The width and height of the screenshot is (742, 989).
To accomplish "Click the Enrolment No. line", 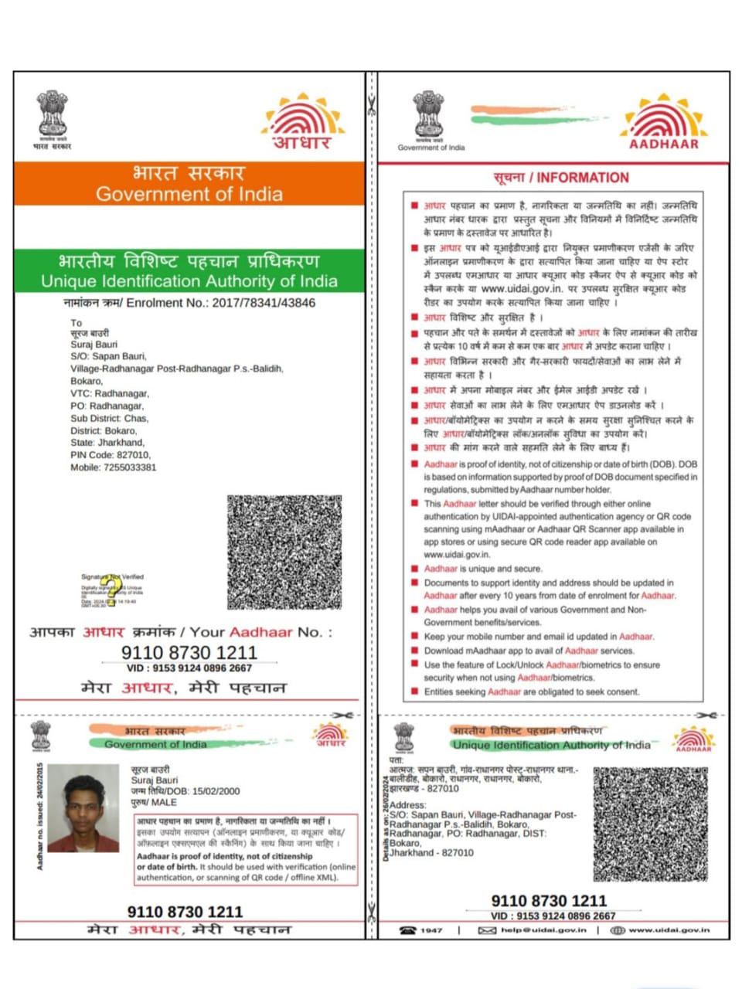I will coord(189,303).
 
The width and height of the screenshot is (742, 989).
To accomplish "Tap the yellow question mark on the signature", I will coord(114,590).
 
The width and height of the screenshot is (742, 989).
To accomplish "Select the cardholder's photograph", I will coord(83,807).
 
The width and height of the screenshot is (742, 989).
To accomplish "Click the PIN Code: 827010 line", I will coord(111,455).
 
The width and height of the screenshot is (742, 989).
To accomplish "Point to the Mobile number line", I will coord(113,467).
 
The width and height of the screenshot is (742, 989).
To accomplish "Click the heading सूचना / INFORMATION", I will coord(561,178).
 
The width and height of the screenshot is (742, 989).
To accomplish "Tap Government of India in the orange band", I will coord(189,194).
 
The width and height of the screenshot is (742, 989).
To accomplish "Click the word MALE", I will coord(164,802).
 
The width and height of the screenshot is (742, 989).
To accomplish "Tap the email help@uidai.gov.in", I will coord(543,930).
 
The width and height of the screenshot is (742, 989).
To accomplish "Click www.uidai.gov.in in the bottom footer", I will coord(669,930).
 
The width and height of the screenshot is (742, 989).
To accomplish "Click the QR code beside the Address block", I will coord(650,824).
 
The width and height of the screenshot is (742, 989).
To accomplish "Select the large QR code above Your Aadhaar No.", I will coord(284,552).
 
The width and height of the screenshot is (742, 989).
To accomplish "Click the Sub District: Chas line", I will coord(109,418).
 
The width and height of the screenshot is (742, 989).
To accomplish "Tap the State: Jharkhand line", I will coord(107,443).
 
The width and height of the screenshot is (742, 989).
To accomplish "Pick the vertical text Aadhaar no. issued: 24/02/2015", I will coord(39,816).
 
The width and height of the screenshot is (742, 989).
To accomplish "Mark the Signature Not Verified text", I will coord(112,576).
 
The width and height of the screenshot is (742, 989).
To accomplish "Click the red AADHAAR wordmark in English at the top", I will coord(663,144).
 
